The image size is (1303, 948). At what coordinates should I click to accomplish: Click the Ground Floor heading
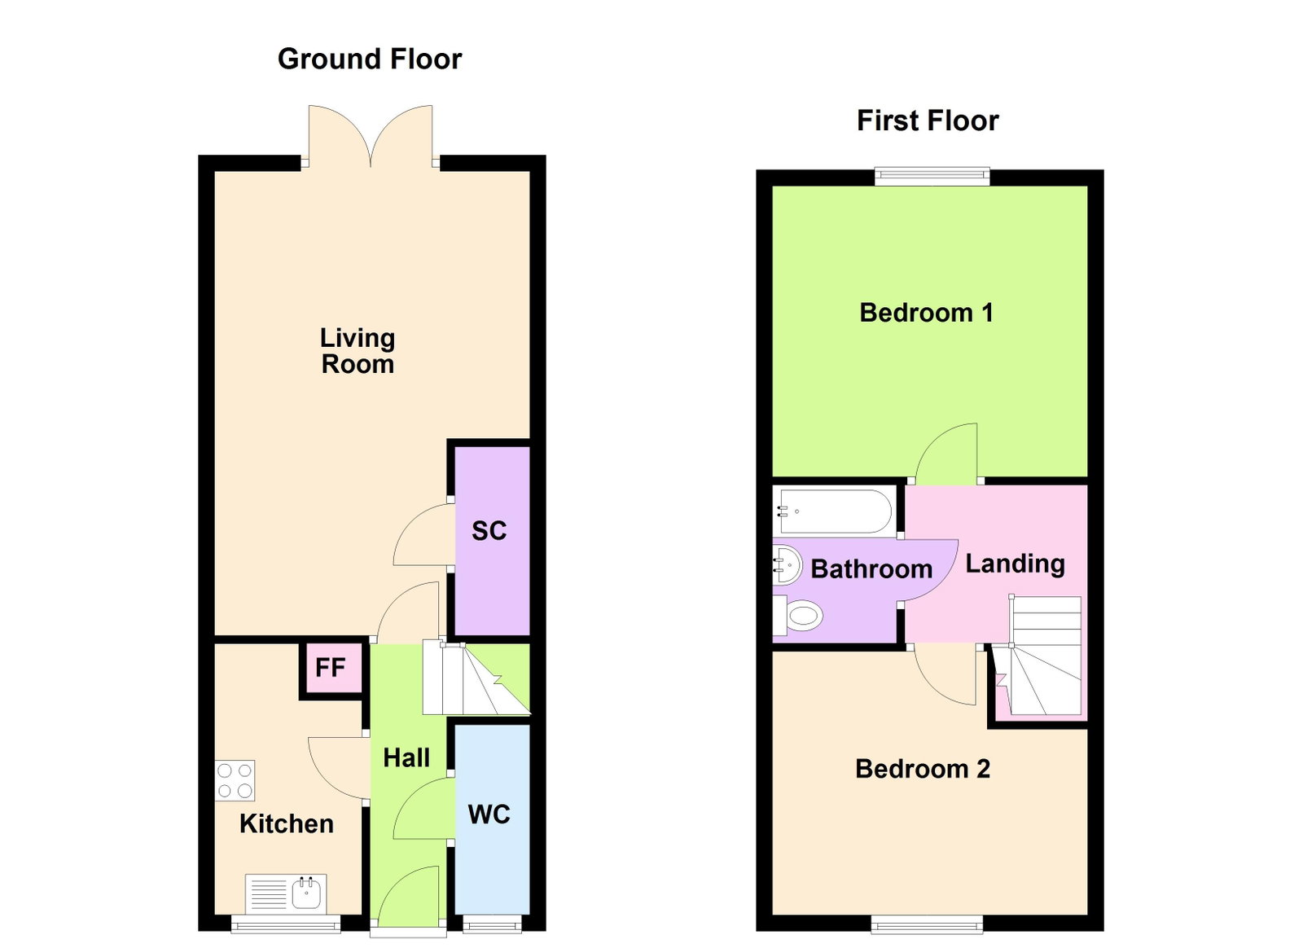click(x=370, y=59)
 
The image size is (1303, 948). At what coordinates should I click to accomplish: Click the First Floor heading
click(x=928, y=121)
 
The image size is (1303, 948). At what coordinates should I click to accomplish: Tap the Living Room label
click(x=358, y=351)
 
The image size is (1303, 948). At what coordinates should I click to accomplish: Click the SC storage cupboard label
click(x=489, y=530)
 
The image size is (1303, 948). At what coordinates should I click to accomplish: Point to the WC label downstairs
click(x=489, y=814)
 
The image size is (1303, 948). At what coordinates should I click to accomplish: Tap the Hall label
click(x=406, y=757)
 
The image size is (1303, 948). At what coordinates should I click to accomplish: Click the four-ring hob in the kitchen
click(x=235, y=780)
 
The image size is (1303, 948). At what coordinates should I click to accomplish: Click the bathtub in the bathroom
click(x=834, y=511)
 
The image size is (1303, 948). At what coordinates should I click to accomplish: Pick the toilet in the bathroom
click(x=797, y=615)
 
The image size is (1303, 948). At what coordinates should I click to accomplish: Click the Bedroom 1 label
click(x=926, y=313)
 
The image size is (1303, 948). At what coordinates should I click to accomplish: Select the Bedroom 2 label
click(x=923, y=769)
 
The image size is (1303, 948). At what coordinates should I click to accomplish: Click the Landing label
click(x=1015, y=564)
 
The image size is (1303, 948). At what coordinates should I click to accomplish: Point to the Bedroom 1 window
click(x=932, y=176)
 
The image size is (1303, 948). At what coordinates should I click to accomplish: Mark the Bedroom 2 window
click(x=927, y=924)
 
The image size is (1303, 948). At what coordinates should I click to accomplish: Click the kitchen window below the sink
click(x=286, y=924)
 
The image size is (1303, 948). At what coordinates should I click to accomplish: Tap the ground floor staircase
click(x=476, y=678)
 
